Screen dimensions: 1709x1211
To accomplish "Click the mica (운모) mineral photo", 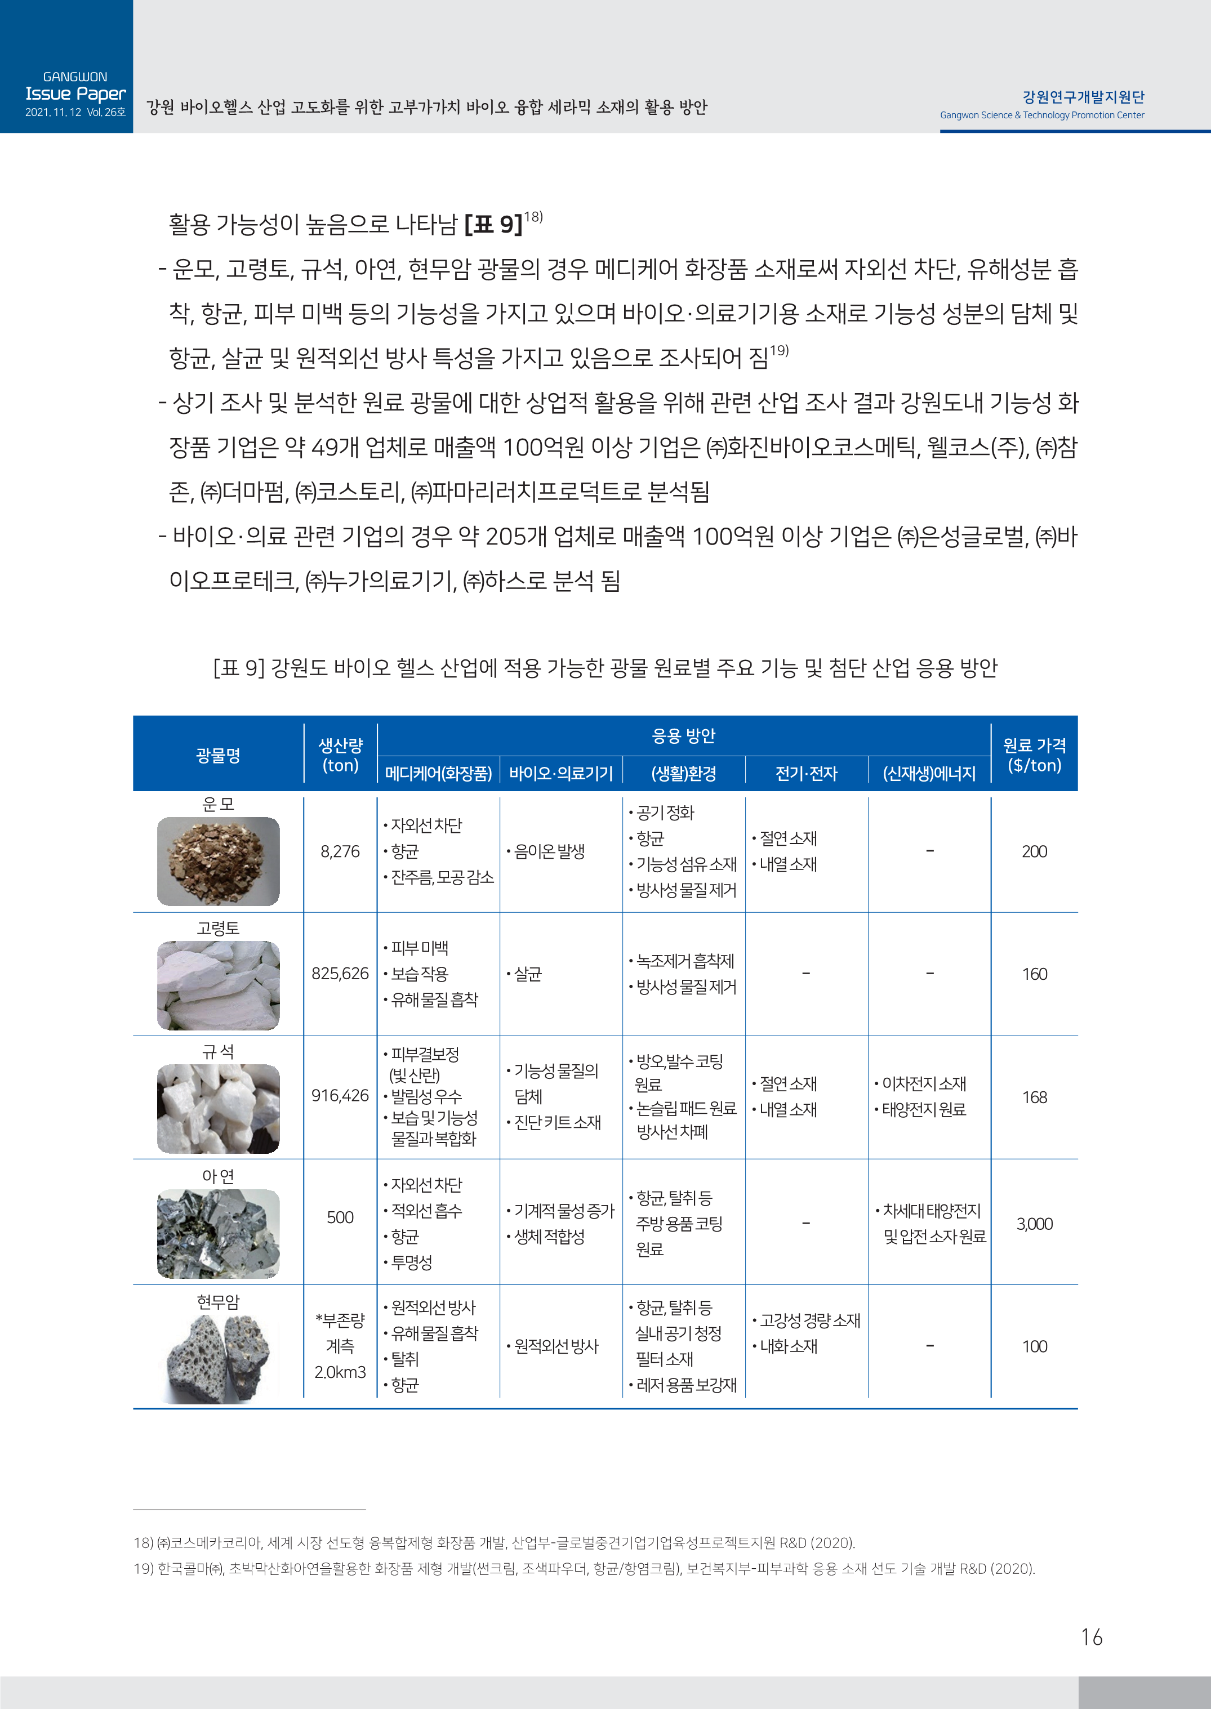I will (x=218, y=861).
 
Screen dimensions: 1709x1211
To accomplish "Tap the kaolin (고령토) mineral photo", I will (x=218, y=985).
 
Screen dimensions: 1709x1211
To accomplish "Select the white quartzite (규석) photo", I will (x=218, y=1108).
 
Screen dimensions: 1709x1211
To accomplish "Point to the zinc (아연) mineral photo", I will (x=218, y=1234).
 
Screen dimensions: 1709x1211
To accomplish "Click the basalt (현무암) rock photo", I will (x=218, y=1358).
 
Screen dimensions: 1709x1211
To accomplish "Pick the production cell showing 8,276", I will (x=340, y=851).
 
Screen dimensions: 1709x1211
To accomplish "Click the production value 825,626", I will (x=340, y=974).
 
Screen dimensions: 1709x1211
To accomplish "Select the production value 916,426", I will (x=340, y=1096).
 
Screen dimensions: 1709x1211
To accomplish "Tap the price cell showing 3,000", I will (x=1034, y=1224).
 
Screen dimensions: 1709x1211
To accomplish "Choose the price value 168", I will (x=1034, y=1097).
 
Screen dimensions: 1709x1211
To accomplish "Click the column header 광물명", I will (x=218, y=755).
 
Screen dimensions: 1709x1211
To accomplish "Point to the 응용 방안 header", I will (x=683, y=735).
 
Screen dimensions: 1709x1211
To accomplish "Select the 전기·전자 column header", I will (x=806, y=774).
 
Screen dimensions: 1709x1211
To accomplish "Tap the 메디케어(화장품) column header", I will (x=438, y=774).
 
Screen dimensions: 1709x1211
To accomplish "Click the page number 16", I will (x=1091, y=1637).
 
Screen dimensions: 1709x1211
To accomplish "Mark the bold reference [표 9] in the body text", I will (x=493, y=224).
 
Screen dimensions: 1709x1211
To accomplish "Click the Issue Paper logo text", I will (x=75, y=94).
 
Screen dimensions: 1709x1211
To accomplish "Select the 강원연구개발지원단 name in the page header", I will (x=1083, y=97).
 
